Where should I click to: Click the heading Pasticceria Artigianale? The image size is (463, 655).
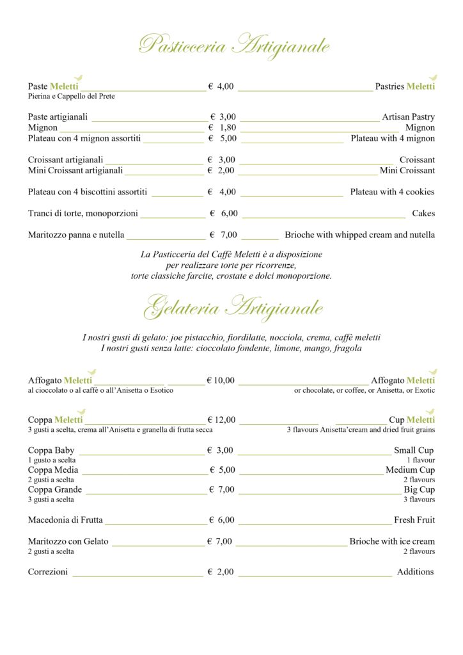tap(234, 46)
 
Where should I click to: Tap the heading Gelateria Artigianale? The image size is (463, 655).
tap(233, 308)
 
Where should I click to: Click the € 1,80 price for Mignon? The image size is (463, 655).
tap(223, 128)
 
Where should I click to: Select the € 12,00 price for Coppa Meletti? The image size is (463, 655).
tap(221, 420)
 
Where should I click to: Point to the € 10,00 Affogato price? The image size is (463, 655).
tap(221, 381)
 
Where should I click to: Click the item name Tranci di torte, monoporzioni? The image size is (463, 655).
tap(83, 214)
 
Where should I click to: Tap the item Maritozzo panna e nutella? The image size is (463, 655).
tap(76, 235)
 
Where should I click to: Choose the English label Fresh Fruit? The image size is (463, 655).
tap(414, 520)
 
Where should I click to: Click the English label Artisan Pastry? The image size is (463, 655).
tap(408, 117)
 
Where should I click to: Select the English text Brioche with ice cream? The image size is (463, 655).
tap(391, 542)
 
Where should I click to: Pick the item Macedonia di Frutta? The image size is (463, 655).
tap(65, 520)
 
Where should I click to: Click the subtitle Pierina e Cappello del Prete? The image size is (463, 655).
tap(72, 97)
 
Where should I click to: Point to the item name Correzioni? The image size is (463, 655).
tap(48, 572)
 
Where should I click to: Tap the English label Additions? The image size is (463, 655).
tap(415, 572)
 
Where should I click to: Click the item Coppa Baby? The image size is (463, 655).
tap(51, 450)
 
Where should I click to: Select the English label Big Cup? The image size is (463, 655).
tap(419, 490)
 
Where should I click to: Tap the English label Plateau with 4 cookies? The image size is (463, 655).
tap(392, 192)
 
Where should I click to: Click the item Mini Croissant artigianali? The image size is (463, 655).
tap(75, 171)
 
